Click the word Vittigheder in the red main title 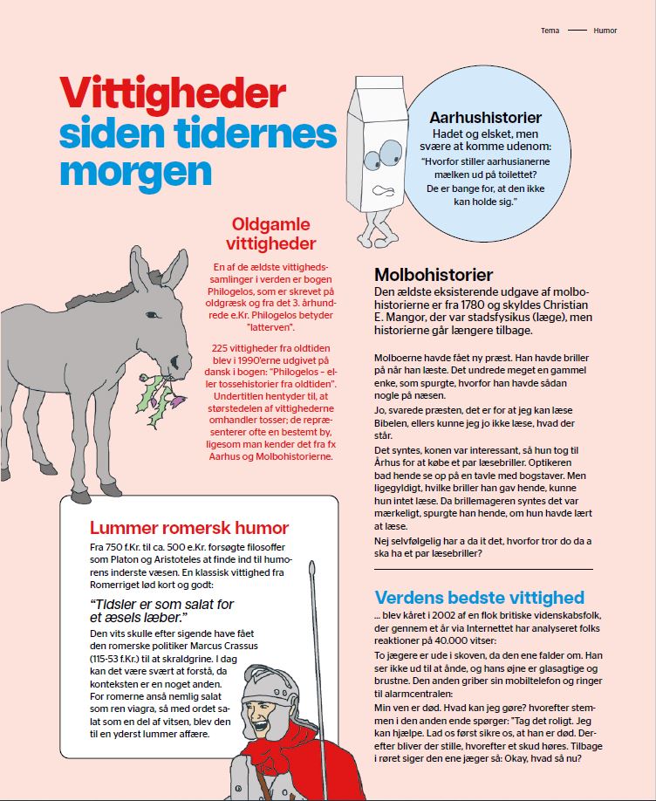tap(172, 92)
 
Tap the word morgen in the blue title tap(136, 170)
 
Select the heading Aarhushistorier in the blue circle tap(485, 118)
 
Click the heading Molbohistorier tap(434, 275)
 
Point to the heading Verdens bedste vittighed tap(479, 598)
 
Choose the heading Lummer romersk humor tap(189, 528)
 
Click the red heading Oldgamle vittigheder tap(270, 233)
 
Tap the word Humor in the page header tap(605, 31)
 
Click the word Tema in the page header tap(551, 31)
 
